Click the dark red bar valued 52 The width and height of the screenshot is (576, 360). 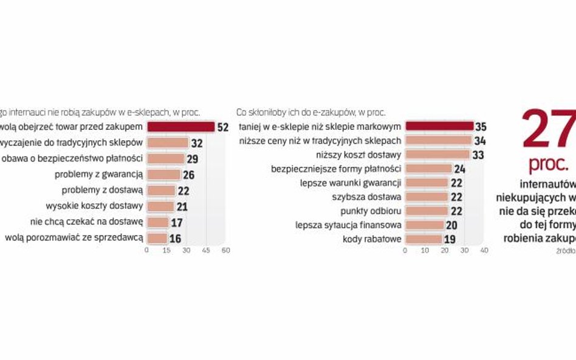coord(180,127)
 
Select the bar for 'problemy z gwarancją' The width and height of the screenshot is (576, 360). coord(163,174)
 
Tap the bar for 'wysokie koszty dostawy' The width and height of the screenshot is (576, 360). coord(160,206)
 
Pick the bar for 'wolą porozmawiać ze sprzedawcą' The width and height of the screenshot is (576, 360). coord(156,238)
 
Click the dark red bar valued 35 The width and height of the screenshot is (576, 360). coord(439,127)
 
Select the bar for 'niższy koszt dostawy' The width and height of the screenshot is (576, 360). coord(437,155)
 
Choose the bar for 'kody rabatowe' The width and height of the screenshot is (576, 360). coord(423,239)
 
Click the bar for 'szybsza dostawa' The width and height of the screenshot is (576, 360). coord(427,197)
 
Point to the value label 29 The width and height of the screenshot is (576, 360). coord(194,158)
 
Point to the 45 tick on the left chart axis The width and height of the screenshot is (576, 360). coord(206,250)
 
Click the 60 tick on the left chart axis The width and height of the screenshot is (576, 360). coord(225,250)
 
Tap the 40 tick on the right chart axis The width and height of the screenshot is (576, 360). coord(484,250)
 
